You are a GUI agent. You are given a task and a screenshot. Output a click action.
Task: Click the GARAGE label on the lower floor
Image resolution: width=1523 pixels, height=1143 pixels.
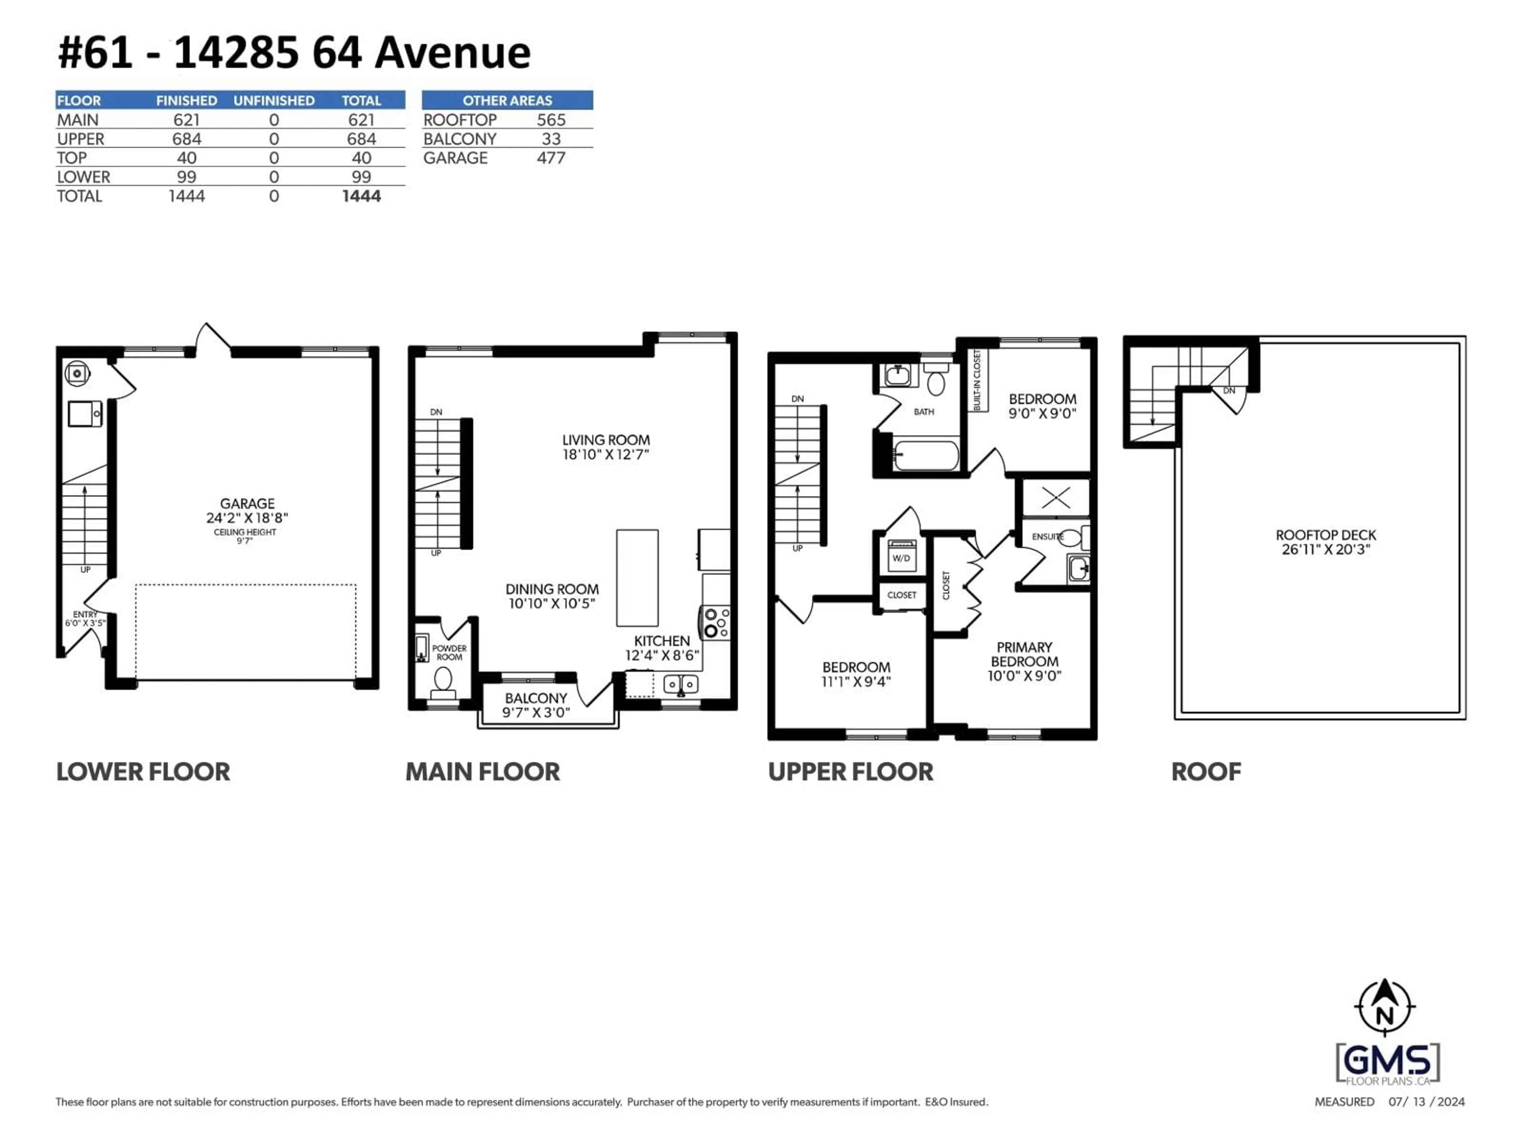pos(247,504)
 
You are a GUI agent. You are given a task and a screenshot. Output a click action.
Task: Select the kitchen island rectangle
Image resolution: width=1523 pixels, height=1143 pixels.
pos(637,577)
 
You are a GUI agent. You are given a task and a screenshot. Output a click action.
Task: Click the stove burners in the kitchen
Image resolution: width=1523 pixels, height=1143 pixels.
pos(716,622)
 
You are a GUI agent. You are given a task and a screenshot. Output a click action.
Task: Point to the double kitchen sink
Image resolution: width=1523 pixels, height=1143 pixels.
pos(680,684)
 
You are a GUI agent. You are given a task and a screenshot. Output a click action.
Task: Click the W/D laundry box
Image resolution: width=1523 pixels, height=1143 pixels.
pos(901,557)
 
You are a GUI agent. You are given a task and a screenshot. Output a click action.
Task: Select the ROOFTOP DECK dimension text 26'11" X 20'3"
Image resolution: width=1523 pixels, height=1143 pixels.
pos(1325,550)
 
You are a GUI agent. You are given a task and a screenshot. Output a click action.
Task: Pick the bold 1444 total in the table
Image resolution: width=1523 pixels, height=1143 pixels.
pos(361,196)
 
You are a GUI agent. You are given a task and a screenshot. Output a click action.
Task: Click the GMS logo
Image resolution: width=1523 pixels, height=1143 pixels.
pos(1387,1062)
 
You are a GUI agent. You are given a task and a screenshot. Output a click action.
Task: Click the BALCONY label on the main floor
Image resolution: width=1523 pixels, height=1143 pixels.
pos(536,698)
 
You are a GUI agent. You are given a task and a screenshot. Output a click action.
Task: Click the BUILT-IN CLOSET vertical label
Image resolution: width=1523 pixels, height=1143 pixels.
pos(977,380)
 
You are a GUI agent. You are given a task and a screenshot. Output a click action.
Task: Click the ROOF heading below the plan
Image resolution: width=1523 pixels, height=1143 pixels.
pos(1206,772)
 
